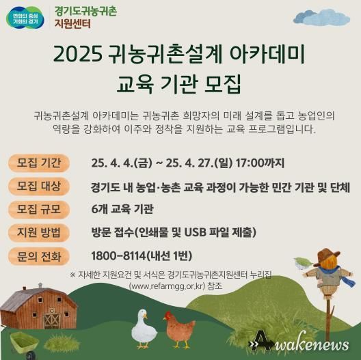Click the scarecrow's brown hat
pos(326,255)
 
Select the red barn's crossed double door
pos(52,319)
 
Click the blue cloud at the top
pos(321,17)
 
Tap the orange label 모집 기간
pos(39,163)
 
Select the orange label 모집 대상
pos(39,186)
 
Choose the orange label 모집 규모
pos(39,209)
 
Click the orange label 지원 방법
pos(39,232)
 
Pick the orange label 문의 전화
pos(39,256)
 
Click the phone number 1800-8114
pos(118,255)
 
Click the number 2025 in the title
pos(78,54)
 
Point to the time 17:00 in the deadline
pos(250,163)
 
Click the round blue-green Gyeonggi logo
pos(25,18)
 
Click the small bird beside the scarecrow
pos(304,263)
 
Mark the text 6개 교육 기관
pos(122,209)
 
